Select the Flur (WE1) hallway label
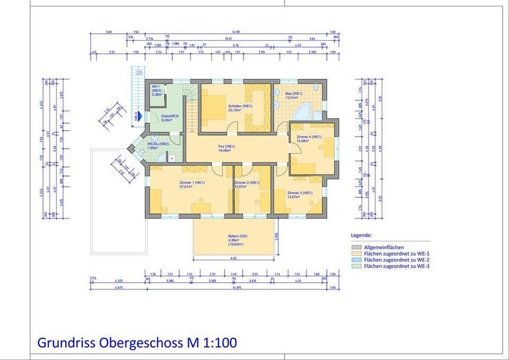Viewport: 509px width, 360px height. (227, 148)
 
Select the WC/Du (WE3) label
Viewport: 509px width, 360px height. (158, 145)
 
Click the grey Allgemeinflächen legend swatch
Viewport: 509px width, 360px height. (356, 246)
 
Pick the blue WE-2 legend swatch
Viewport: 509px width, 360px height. (356, 259)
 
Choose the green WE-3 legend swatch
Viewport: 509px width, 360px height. (356, 265)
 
